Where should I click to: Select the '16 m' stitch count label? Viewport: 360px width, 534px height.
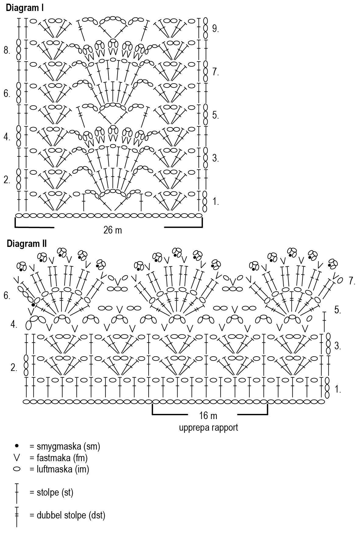(208, 415)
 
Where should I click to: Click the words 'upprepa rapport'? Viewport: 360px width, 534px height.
(209, 427)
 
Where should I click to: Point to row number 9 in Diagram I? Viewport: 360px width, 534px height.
(215, 29)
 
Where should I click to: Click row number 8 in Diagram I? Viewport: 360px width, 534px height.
(7, 51)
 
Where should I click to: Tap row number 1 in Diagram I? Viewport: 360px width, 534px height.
(215, 201)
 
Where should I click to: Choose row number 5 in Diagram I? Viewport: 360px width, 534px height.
(215, 115)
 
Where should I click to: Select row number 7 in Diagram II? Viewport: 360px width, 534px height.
(352, 281)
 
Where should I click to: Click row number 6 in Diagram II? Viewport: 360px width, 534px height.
(7, 295)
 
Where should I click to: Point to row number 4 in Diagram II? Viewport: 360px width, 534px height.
(14, 325)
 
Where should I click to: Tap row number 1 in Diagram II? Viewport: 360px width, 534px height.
(338, 389)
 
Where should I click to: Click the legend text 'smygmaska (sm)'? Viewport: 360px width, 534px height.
(65, 447)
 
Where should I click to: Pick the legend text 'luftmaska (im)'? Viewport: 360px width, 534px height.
(59, 469)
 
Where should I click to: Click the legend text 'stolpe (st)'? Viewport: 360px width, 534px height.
(51, 492)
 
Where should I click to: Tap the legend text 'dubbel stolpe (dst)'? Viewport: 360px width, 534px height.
(67, 515)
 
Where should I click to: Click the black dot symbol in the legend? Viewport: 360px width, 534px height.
(17, 446)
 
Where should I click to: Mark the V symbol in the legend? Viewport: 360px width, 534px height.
(17, 457)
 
